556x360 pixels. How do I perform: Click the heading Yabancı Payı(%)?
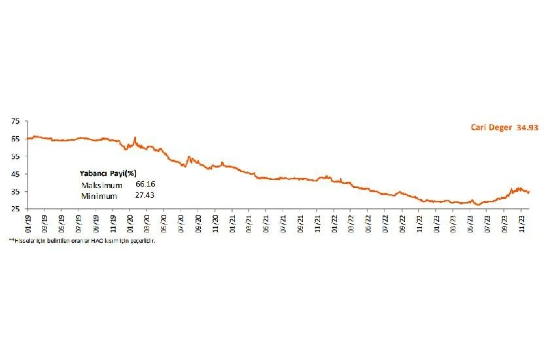click(108, 174)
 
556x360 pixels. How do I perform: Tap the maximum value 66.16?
click(145, 185)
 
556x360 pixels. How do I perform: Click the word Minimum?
click(96, 196)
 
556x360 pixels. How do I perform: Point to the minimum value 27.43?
click(145, 196)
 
